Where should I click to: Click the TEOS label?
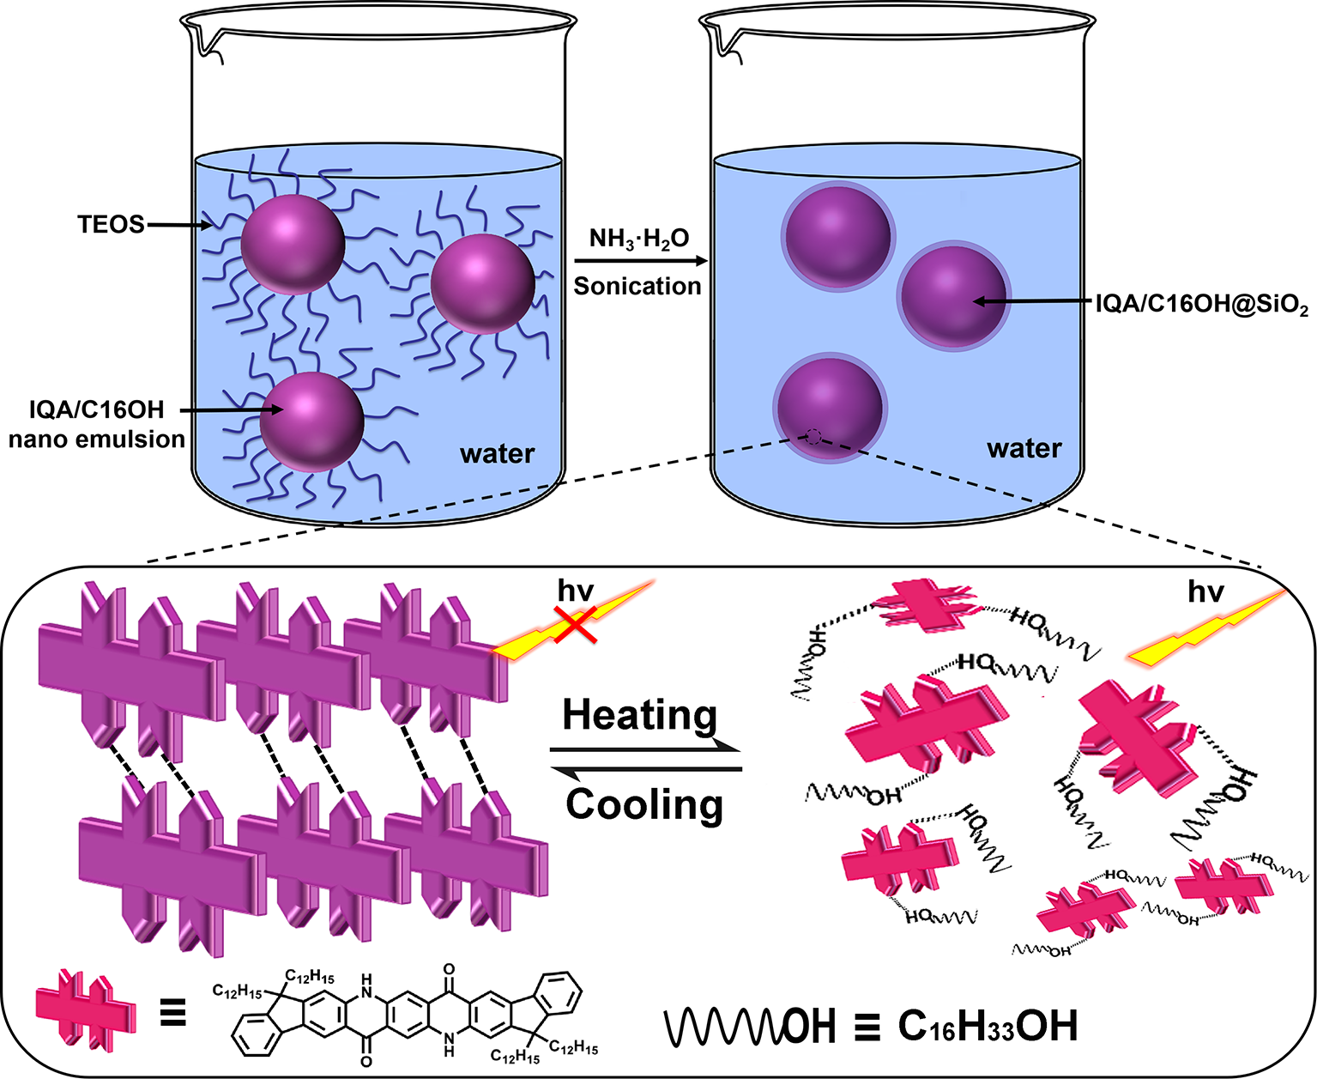[111, 225]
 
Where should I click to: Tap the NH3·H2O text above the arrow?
[639, 239]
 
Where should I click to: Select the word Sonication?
[637, 286]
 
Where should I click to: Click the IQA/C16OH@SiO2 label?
[1202, 305]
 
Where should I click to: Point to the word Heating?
[640, 714]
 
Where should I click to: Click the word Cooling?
[644, 804]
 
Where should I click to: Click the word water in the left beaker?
[498, 453]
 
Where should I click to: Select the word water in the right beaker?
[1024, 448]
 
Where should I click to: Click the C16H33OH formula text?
[988, 1026]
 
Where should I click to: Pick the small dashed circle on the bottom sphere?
[812, 438]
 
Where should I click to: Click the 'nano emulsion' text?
[97, 439]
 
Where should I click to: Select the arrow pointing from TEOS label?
[180, 226]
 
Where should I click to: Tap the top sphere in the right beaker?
[837, 236]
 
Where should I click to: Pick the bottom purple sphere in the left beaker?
[311, 421]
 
